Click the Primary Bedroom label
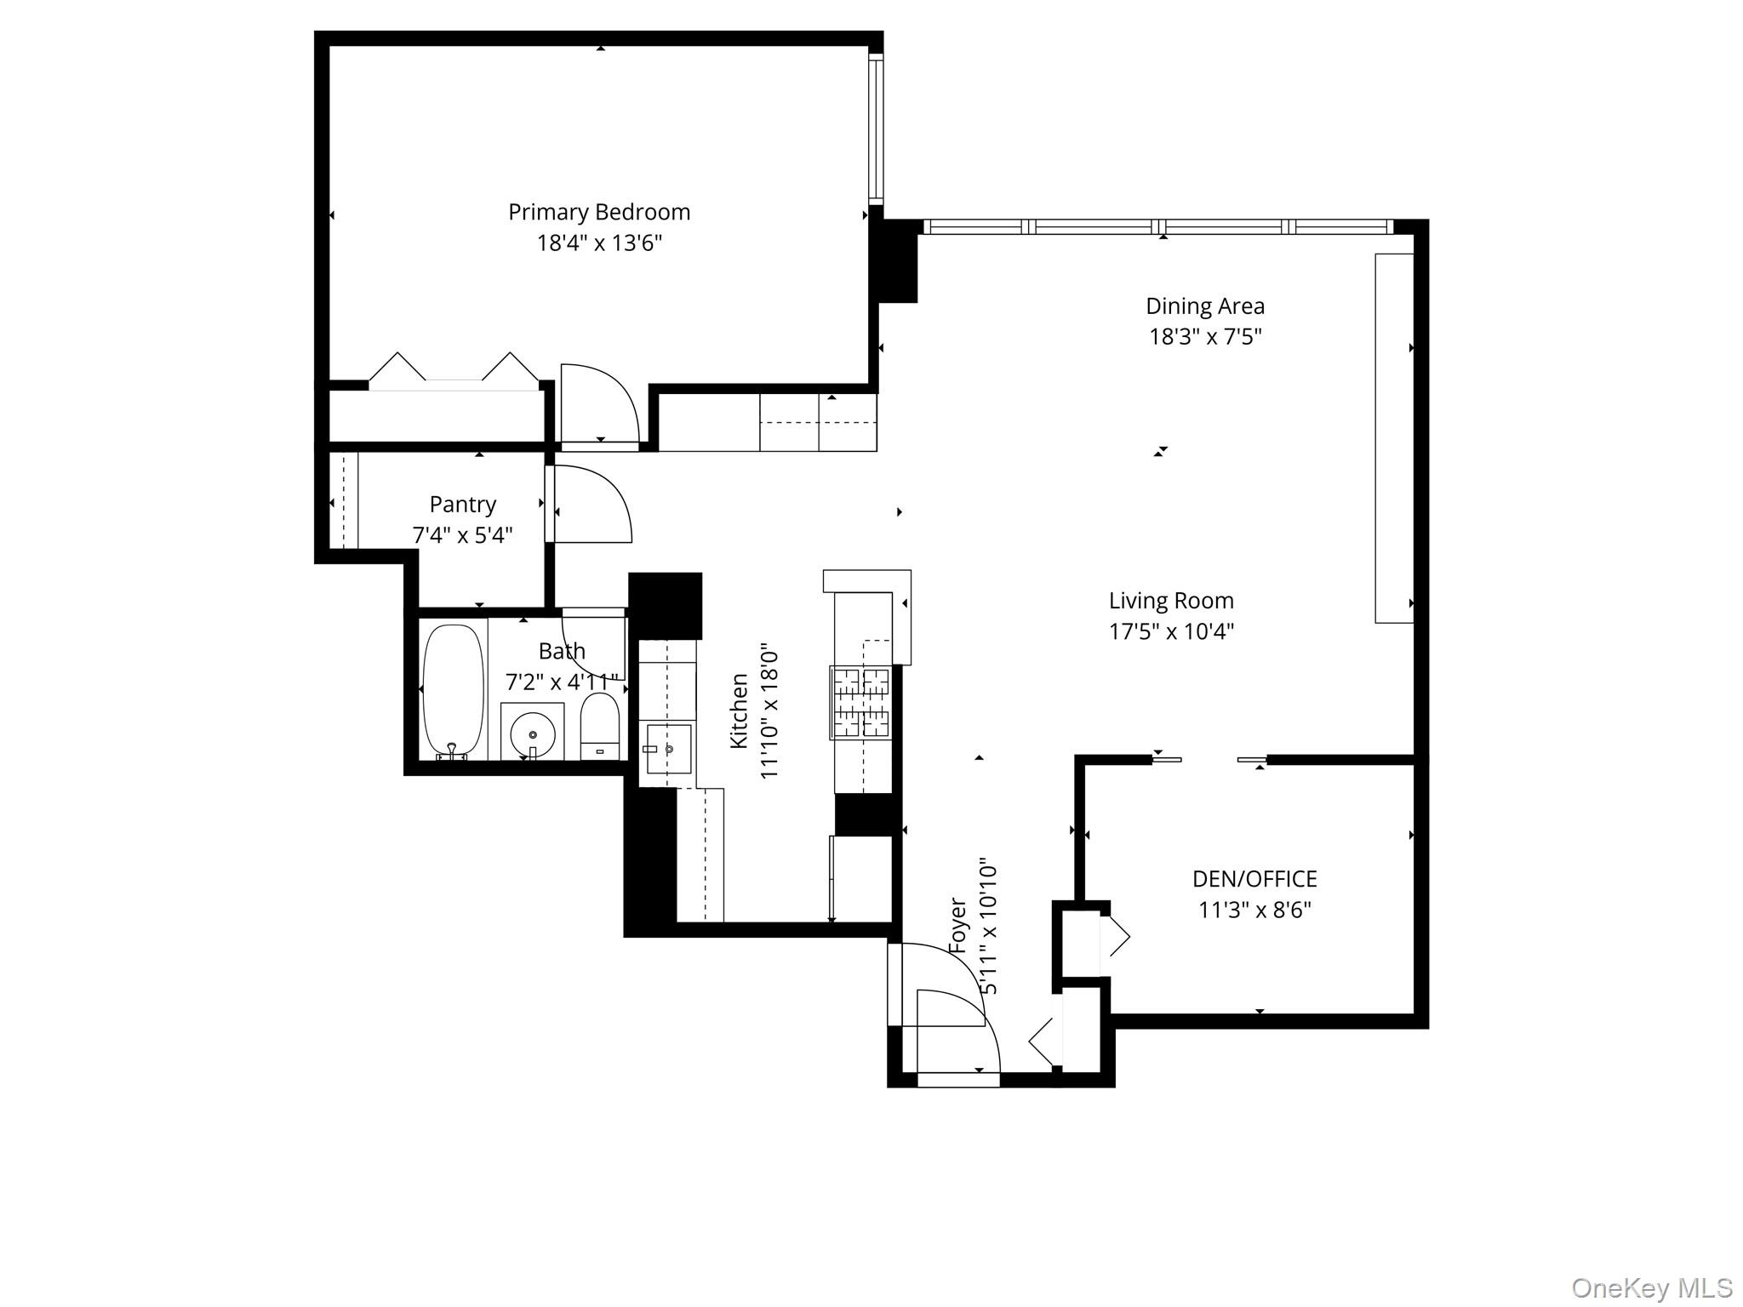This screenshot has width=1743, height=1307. (598, 212)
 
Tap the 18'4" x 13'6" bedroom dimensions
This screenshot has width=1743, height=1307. (598, 243)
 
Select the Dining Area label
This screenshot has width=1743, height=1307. (1204, 306)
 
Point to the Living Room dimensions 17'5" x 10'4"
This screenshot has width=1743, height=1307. (1170, 631)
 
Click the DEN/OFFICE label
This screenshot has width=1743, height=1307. (1254, 879)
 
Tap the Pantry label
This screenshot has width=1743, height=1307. (462, 505)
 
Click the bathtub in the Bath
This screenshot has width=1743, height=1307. (454, 689)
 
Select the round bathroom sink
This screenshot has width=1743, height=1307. (533, 733)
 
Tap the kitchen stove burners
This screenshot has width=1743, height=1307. (860, 702)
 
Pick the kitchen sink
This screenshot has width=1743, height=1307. (669, 749)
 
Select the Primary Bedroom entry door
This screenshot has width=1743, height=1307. (598, 404)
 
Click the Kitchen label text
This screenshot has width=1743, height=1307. (739, 711)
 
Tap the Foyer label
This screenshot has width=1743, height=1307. (957, 925)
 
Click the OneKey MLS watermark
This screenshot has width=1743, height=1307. (1651, 1287)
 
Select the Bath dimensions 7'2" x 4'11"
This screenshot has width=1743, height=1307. (561, 682)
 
